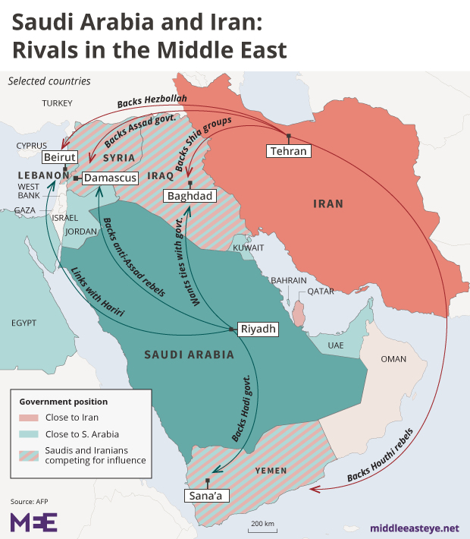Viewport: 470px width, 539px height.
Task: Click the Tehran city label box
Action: tap(290, 150)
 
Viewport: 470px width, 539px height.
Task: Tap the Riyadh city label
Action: tap(257, 329)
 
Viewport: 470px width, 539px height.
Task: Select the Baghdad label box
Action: tap(190, 196)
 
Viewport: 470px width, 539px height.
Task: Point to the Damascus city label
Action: tap(110, 178)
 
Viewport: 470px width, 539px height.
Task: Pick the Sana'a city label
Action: tap(207, 495)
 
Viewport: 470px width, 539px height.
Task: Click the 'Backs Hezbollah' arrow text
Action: tap(152, 103)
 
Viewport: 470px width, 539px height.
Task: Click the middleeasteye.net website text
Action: tap(414, 527)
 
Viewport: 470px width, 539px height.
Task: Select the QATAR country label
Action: tap(321, 291)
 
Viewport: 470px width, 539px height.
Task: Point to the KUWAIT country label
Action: tap(248, 247)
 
